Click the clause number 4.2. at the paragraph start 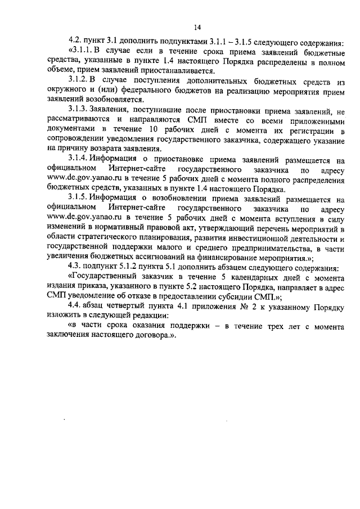pyautogui.click(x=75, y=41)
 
